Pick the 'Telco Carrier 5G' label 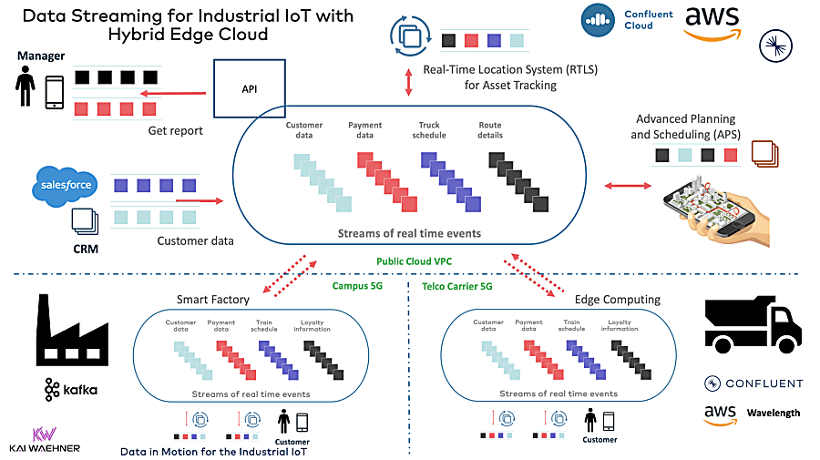click(x=458, y=285)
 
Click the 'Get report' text click(x=175, y=130)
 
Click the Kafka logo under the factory click(x=70, y=390)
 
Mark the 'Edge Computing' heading click(x=616, y=300)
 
